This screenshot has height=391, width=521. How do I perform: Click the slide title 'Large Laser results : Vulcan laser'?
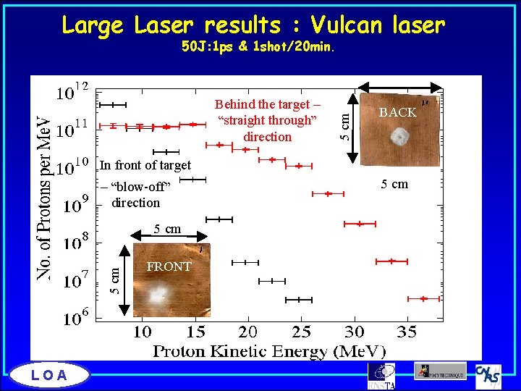pos(253,25)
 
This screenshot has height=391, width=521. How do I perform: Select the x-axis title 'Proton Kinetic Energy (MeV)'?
pos(269,351)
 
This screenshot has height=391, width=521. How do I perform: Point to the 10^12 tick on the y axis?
pos(72,93)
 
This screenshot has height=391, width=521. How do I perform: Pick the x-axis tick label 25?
pos(302,332)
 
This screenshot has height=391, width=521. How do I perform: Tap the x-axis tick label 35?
pos(407,332)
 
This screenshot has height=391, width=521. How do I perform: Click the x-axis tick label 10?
pos(143,332)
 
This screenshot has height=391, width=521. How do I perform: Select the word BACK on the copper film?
pos(398,112)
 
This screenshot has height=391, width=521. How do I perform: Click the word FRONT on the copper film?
pos(169,266)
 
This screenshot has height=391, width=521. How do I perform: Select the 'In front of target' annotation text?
pos(145,165)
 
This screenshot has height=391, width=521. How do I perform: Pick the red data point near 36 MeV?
pos(423,298)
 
